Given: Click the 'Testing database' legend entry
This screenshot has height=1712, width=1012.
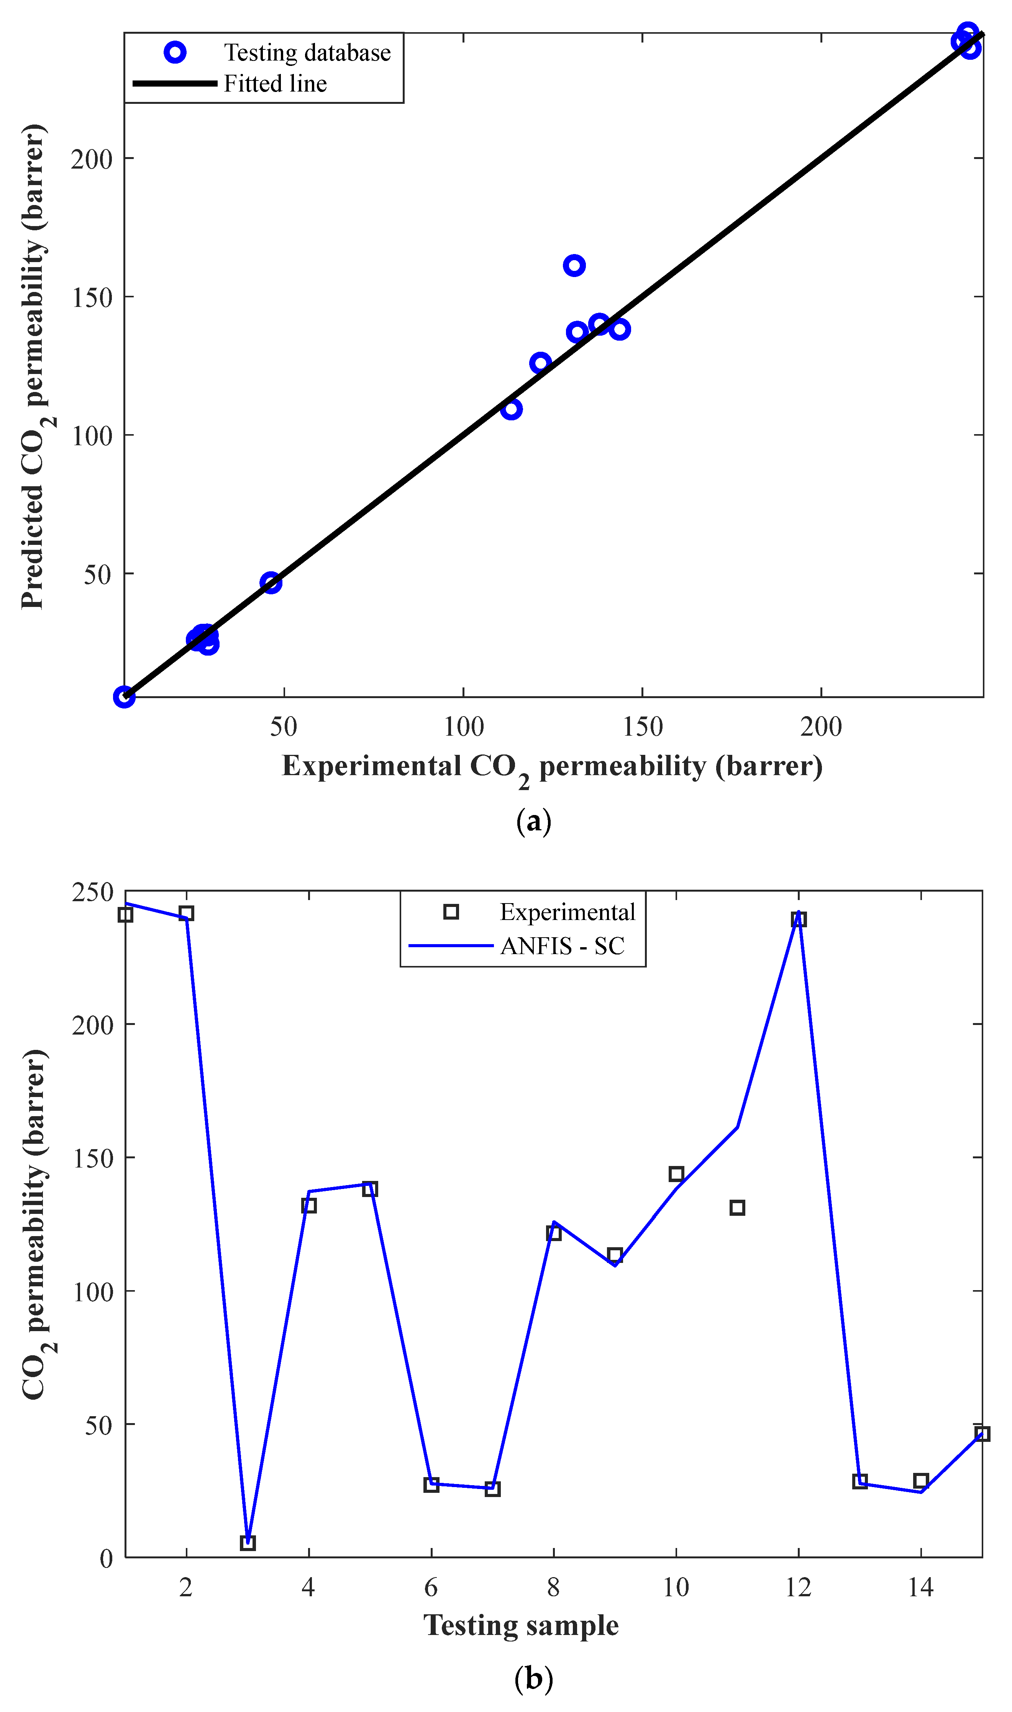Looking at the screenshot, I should tap(307, 52).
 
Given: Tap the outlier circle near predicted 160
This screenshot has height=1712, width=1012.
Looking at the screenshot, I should tap(574, 265).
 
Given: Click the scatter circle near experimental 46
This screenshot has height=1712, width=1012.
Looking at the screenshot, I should tap(271, 582).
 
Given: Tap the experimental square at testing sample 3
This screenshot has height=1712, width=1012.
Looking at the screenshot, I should tap(248, 1543).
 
